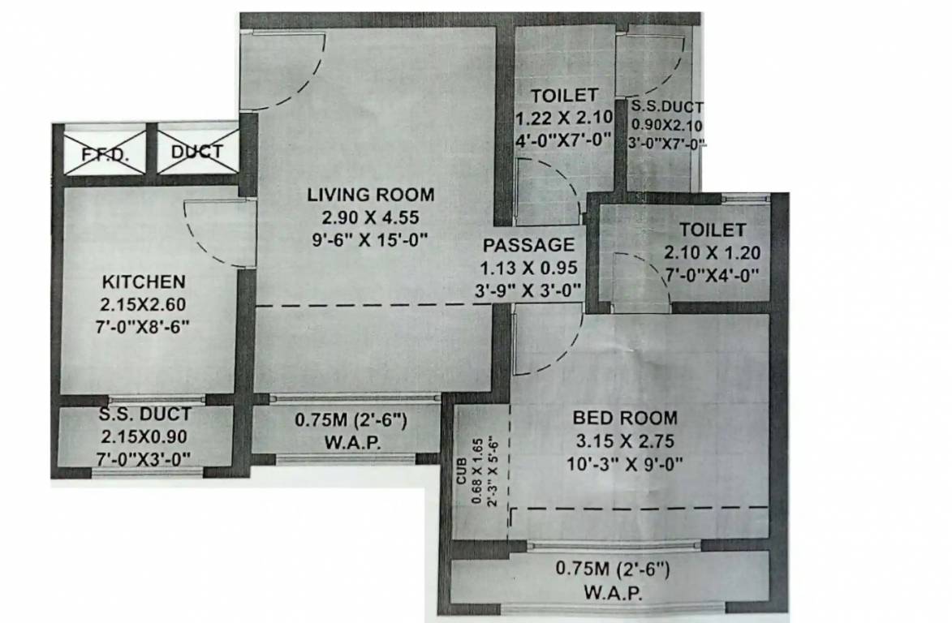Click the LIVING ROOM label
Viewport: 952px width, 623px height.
pyautogui.click(x=370, y=195)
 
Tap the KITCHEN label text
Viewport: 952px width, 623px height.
pyautogui.click(x=144, y=282)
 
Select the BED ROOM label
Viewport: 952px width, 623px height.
pyautogui.click(x=624, y=419)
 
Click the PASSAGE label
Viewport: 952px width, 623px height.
pyautogui.click(x=528, y=244)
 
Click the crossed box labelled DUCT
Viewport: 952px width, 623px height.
pyautogui.click(x=197, y=152)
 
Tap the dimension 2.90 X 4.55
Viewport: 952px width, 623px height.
pyautogui.click(x=370, y=217)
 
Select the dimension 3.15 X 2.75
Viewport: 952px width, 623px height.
pyautogui.click(x=624, y=441)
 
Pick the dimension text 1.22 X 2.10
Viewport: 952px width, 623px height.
pyautogui.click(x=562, y=119)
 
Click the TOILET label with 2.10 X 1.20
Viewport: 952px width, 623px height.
pyautogui.click(x=712, y=230)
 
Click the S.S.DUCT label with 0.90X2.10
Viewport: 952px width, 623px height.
pyautogui.click(x=668, y=106)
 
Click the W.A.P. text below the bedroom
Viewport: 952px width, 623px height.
pyautogui.click(x=613, y=592)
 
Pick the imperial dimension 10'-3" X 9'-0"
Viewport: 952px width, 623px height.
pyautogui.click(x=624, y=464)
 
